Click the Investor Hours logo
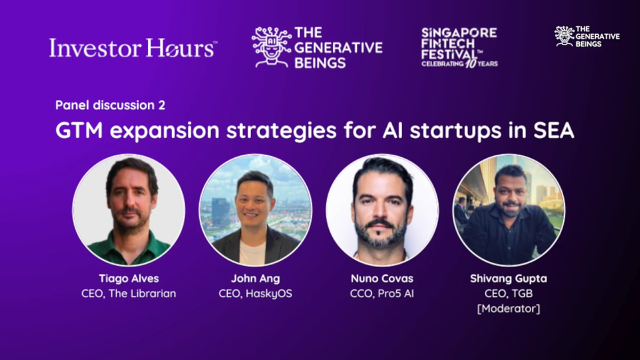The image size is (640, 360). pyautogui.click(x=133, y=48)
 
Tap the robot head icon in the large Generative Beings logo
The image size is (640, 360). pyautogui.click(x=271, y=47)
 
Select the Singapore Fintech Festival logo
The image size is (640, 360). pyautogui.click(x=459, y=47)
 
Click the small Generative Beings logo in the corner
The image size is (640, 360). pyautogui.click(x=587, y=36)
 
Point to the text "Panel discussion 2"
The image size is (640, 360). pyautogui.click(x=110, y=105)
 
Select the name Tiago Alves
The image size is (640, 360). pyautogui.click(x=129, y=279)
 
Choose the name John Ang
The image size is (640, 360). pyautogui.click(x=255, y=279)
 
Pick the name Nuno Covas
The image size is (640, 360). pyautogui.click(x=382, y=279)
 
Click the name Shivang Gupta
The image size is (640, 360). pyautogui.click(x=508, y=279)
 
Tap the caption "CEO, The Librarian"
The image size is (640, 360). pyautogui.click(x=129, y=293)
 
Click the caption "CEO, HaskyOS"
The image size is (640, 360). pyautogui.click(x=255, y=293)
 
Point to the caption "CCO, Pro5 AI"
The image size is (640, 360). pyautogui.click(x=382, y=293)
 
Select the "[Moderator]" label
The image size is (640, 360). pyautogui.click(x=508, y=308)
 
